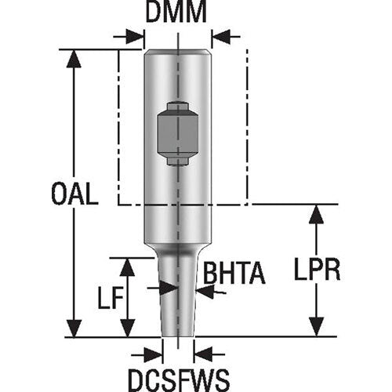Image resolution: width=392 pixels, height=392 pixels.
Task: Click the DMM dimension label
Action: pos(176,13)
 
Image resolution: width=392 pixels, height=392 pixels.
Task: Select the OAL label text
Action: pos(75,194)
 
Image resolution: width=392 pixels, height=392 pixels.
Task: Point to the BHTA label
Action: pos(234,274)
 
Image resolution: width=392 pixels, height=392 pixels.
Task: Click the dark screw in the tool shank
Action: pos(178,132)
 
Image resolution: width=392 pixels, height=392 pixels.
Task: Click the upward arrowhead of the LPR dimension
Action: pos(316,214)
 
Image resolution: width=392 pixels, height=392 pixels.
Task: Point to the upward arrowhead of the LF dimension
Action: pos(127,267)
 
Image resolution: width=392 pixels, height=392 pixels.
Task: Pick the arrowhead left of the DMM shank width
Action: pos(136,36)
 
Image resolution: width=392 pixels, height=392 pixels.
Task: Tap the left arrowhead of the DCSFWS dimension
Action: pos(155,351)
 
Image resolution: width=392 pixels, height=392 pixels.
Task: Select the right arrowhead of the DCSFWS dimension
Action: pos(201,351)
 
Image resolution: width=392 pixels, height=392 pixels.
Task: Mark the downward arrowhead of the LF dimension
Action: pos(127,328)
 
